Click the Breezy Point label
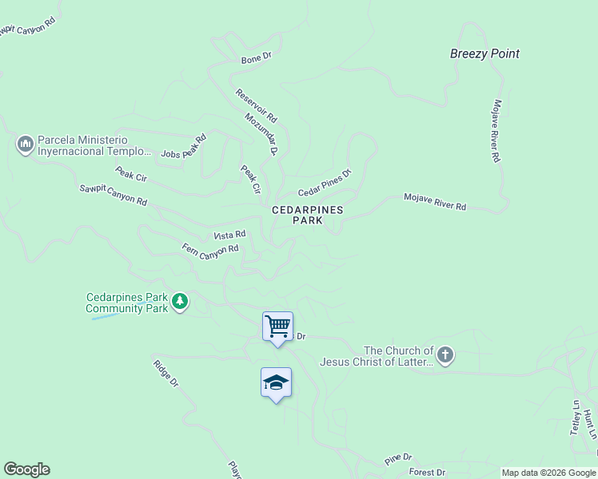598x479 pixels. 484,53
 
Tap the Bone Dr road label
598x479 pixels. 257,59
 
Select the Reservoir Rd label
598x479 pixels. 256,105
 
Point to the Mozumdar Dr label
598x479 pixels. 261,133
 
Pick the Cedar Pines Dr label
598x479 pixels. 325,184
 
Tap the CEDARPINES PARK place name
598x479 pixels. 307,215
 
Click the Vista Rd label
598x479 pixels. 229,236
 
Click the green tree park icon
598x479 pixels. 181,302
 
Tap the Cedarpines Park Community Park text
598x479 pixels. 127,303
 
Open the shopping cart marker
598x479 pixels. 277,326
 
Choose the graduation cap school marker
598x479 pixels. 276,382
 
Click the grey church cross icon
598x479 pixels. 445,355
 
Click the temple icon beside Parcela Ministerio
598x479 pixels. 25,144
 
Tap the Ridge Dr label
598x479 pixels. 165,374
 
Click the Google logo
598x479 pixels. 26,469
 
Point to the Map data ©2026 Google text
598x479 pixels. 548,473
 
